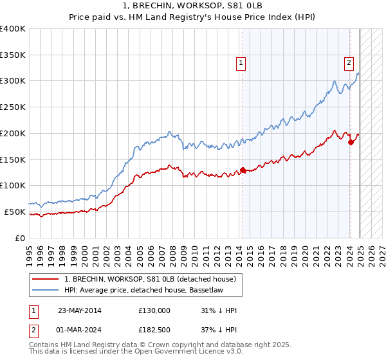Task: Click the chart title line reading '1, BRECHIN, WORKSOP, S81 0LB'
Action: (x=193, y=5)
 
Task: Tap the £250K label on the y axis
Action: (x=13, y=107)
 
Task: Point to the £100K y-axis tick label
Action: (x=13, y=186)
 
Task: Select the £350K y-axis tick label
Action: (x=13, y=55)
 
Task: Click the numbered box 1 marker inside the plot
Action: (x=240, y=63)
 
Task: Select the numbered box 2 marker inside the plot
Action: (x=348, y=63)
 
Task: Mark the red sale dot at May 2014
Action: (x=243, y=170)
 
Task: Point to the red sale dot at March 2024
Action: (x=351, y=143)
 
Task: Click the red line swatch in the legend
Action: (x=45, y=279)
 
